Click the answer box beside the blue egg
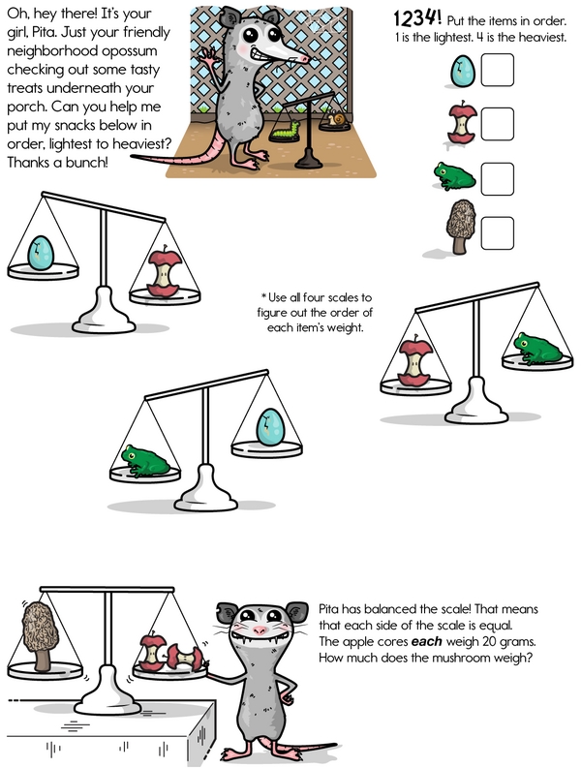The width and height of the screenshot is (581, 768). [x=497, y=70]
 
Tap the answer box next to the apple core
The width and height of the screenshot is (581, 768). [x=497, y=124]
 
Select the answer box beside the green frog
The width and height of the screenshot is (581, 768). [x=497, y=179]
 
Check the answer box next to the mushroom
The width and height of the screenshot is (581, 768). [x=497, y=233]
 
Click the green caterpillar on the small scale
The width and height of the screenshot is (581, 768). [x=286, y=131]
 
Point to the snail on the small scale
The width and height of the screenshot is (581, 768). [x=336, y=118]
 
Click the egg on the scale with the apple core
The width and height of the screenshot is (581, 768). [x=40, y=253]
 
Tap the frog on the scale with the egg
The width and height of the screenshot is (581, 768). [x=145, y=460]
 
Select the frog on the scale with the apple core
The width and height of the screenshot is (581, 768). [x=537, y=349]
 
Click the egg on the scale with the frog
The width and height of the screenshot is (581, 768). [x=270, y=427]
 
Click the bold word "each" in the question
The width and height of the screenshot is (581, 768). [x=426, y=642]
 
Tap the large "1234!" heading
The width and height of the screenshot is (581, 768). [x=417, y=18]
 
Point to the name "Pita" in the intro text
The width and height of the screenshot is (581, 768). [x=43, y=32]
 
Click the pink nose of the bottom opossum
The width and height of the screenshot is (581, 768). [x=260, y=630]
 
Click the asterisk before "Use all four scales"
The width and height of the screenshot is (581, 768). [x=263, y=295]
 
